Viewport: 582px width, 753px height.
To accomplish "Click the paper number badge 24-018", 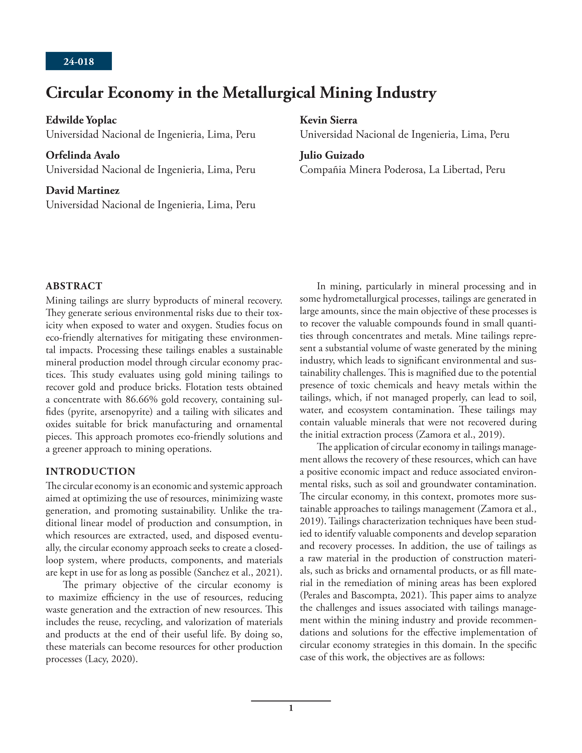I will click(79, 61).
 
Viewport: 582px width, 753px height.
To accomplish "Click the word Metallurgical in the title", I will click(268, 93).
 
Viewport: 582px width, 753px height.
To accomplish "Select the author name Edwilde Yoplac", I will click(81, 120).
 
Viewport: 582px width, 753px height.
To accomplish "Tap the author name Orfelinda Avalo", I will click(83, 156).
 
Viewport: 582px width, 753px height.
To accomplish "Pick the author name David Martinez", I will click(83, 191).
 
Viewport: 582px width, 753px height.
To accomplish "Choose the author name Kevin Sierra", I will click(328, 120).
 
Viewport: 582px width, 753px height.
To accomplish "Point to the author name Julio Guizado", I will click(331, 156).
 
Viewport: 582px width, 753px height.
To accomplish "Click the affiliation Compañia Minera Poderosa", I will click(361, 170).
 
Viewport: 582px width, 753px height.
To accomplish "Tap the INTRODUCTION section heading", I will click(91, 471).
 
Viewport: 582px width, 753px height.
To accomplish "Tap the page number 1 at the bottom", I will click(291, 709).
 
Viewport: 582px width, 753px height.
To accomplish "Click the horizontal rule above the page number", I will click(291, 701).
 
